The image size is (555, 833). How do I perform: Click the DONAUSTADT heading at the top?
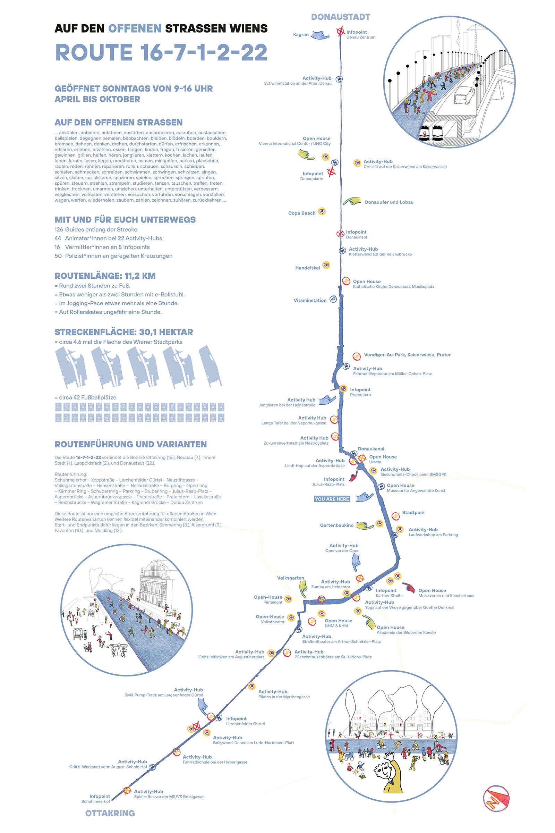click(341, 17)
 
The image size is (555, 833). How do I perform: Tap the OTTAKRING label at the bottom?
click(110, 813)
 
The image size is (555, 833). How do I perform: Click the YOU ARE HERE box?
click(332, 499)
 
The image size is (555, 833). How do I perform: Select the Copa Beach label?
click(301, 213)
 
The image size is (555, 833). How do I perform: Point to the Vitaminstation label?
click(310, 300)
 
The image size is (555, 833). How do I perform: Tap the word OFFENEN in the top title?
click(135, 29)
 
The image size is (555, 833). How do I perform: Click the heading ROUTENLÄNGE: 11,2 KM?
click(105, 276)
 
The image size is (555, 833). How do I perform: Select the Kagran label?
click(300, 35)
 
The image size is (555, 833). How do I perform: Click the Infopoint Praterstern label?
click(360, 392)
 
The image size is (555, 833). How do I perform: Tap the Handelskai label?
click(307, 268)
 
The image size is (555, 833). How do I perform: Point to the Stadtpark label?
click(413, 513)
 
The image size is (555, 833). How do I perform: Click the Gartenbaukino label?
click(336, 525)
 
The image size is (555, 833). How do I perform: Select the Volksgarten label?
click(290, 578)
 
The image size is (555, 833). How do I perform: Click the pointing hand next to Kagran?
click(320, 35)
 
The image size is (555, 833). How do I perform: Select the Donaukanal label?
click(370, 449)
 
